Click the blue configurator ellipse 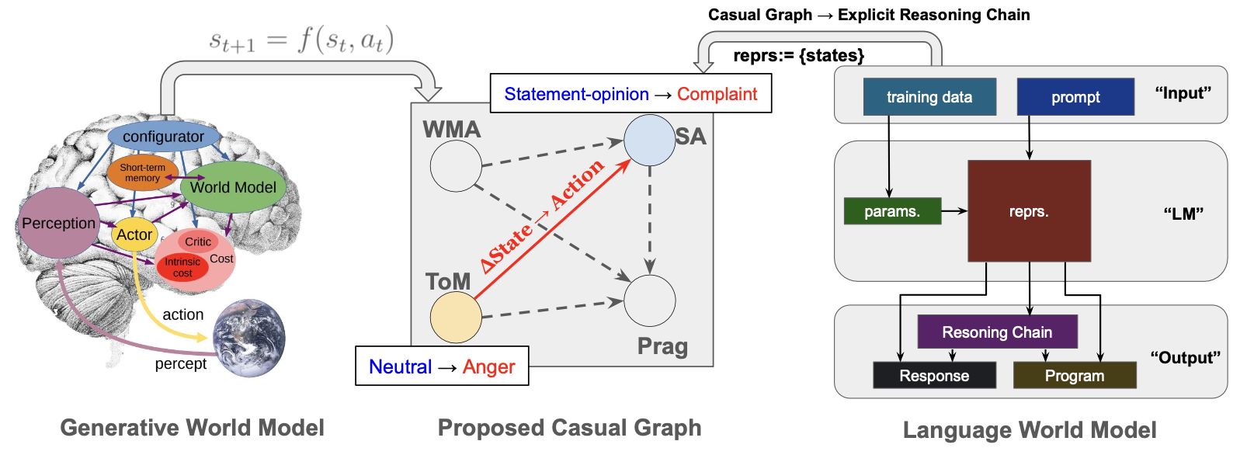[x=163, y=137]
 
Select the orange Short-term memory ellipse [x=142, y=173]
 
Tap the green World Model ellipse [x=233, y=187]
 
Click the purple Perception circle [x=58, y=224]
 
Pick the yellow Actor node [x=134, y=234]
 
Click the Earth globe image [x=248, y=338]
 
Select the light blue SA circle [x=649, y=141]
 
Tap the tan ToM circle [x=456, y=317]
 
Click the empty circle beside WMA [x=456, y=166]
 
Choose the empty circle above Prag [x=649, y=300]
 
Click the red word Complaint [x=717, y=94]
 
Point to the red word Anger [x=488, y=366]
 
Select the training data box [x=929, y=97]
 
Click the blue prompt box [x=1075, y=97]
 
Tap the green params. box [x=892, y=211]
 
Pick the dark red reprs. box [x=1029, y=211]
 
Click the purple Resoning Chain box [x=997, y=332]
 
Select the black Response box [x=934, y=376]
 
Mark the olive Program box [x=1075, y=376]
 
